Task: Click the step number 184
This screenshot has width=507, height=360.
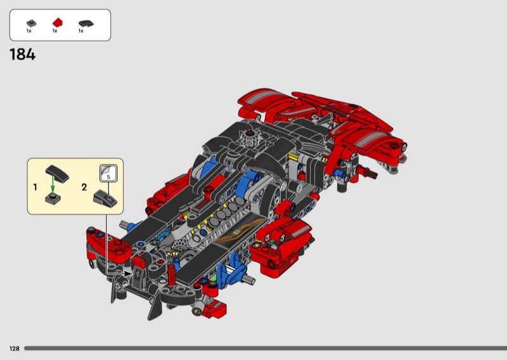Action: (23, 55)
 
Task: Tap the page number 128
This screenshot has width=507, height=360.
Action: (15, 349)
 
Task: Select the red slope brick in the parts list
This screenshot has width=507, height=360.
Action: (58, 22)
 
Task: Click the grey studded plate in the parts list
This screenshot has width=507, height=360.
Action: (31, 23)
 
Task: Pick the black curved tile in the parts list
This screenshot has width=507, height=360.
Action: (86, 23)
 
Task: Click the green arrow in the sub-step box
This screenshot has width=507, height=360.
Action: (53, 184)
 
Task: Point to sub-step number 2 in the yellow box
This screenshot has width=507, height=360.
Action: (84, 187)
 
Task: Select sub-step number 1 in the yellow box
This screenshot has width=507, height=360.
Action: (35, 187)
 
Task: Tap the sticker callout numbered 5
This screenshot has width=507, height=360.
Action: (108, 174)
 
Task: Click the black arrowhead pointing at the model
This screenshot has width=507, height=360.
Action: (128, 274)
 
